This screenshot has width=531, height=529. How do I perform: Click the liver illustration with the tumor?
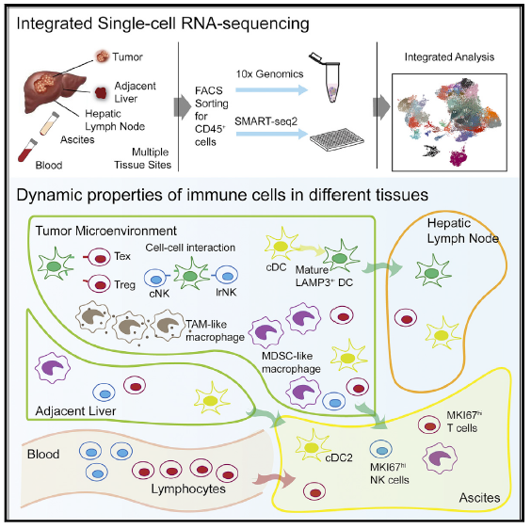pos(55,89)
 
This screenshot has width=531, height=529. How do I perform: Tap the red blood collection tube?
pos(27,151)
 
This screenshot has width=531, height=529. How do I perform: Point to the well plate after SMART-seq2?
pos(337,139)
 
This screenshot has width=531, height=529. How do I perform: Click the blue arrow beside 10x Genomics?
pos(271,89)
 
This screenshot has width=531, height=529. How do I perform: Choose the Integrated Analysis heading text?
pos(449,56)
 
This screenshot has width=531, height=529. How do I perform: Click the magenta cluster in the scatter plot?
pos(459,157)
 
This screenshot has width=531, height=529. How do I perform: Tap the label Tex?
pos(122,256)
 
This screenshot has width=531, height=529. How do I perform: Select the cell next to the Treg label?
pos(97,284)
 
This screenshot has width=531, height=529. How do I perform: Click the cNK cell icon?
pos(155,278)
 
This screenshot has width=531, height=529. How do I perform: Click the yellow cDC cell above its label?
pos(282,245)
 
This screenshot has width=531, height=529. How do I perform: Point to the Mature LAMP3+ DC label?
pos(324,276)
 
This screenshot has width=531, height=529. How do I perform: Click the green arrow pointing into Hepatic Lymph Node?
pos(382,268)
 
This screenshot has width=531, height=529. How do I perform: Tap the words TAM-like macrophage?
pos(215,330)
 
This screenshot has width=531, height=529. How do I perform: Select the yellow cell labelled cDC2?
pos(312,447)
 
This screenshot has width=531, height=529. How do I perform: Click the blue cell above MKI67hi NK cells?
pos(381,449)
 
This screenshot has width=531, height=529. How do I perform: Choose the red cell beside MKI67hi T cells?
pos(429,425)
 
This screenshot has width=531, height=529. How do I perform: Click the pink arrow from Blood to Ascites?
pos(274,479)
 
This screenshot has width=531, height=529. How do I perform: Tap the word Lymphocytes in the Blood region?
pos(188,489)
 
